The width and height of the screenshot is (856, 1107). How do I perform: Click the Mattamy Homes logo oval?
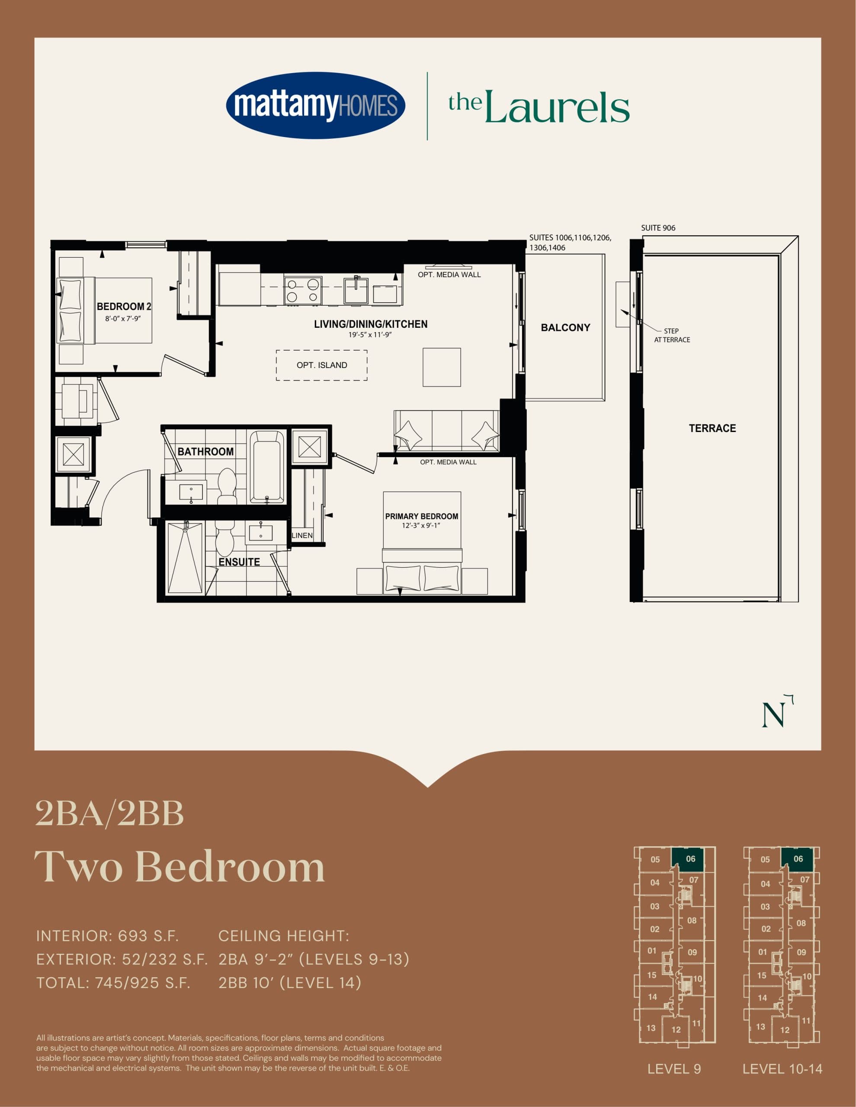coord(315,106)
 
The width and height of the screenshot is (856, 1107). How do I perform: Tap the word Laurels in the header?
coord(556,107)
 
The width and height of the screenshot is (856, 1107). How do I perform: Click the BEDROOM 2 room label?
coord(124,307)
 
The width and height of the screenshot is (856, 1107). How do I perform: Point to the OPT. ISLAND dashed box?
coord(321,365)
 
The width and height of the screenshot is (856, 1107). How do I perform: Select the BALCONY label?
coord(565,327)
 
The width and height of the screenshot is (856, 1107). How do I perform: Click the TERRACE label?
coord(712,428)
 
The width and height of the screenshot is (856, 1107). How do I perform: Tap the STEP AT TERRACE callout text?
coord(672,335)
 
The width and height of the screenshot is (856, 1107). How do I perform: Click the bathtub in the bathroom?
coord(267,466)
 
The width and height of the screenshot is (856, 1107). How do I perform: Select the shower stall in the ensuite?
coord(185,557)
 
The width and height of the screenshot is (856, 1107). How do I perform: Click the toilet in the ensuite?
coord(224,537)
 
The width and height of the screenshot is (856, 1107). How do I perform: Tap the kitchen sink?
coord(356,290)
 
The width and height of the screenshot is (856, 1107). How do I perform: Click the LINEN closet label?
coord(302,535)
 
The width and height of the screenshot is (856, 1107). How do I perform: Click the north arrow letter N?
coord(773,715)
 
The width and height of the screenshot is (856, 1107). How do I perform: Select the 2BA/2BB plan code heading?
coord(109,814)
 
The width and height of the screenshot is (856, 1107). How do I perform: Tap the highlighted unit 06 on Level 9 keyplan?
coord(687,859)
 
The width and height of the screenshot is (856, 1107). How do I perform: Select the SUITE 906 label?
coord(658,228)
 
